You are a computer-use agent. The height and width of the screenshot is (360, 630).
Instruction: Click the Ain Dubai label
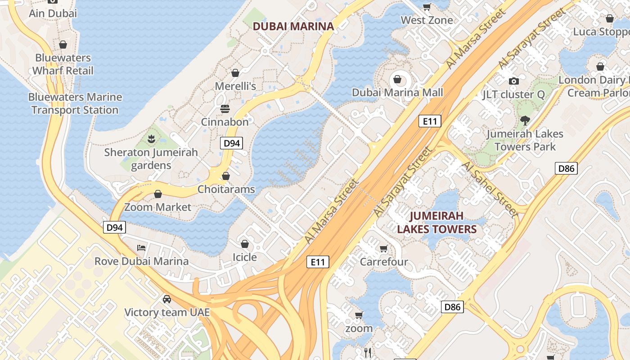click(53, 13)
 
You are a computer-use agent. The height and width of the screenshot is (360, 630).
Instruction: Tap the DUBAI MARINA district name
click(293, 26)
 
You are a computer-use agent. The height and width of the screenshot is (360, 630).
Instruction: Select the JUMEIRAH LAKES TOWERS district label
click(436, 222)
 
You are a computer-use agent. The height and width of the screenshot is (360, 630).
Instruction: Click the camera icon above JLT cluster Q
click(513, 81)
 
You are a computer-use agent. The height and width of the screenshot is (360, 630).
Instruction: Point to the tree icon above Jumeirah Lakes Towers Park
click(524, 121)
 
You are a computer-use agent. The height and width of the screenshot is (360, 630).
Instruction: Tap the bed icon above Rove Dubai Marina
click(141, 248)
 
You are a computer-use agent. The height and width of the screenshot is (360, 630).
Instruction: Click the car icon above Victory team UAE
click(166, 299)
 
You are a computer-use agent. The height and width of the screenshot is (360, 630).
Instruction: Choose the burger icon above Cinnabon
click(225, 109)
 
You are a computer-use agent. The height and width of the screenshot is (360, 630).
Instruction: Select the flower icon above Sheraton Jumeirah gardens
click(151, 139)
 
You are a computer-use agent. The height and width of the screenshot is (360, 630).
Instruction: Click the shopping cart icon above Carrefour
click(383, 248)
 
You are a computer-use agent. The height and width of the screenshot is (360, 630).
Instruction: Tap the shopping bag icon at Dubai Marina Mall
click(397, 80)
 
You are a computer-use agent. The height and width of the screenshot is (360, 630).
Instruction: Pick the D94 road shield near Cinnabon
click(231, 144)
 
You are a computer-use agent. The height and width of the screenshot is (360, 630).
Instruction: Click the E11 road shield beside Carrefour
click(318, 262)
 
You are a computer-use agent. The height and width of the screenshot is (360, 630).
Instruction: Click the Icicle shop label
click(244, 257)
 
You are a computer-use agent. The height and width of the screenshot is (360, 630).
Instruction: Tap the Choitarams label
click(226, 189)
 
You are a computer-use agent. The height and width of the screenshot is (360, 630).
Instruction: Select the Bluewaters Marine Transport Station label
click(75, 103)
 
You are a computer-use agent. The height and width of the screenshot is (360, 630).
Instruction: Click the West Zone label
click(427, 20)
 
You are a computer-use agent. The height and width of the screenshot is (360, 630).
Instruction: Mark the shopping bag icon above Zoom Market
click(157, 194)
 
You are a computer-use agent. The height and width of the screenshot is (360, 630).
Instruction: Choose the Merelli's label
click(235, 86)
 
